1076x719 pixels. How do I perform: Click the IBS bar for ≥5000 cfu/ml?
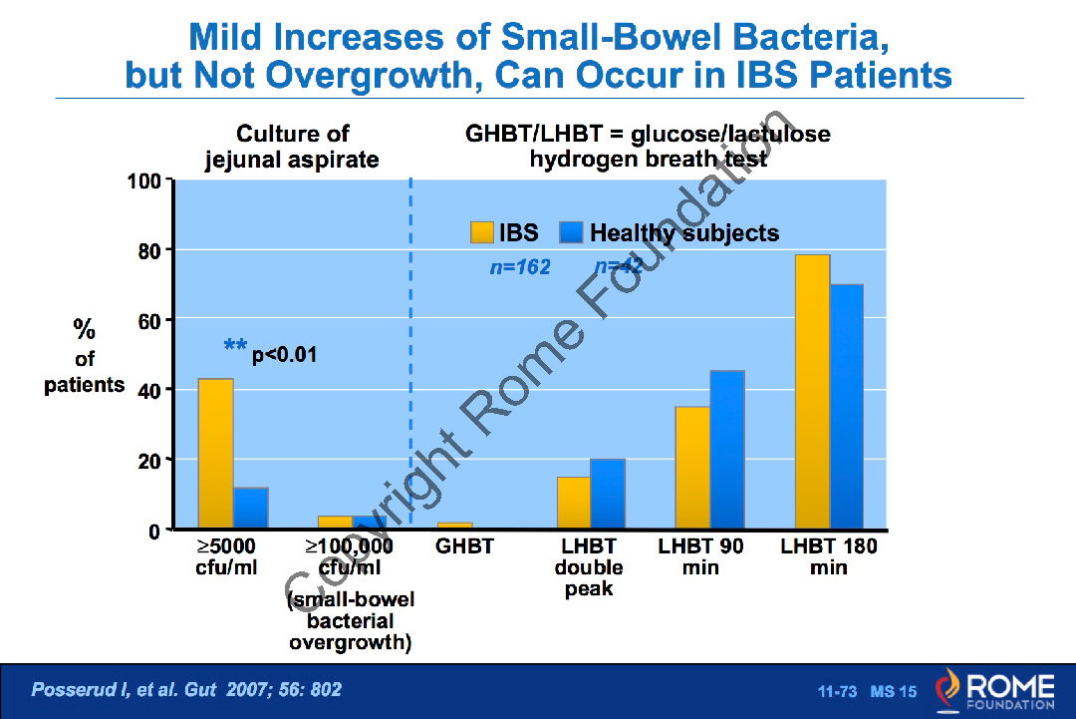coord(215,454)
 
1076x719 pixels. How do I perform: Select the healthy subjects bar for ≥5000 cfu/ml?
coord(250,508)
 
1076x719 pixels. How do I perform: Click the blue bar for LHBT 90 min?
coord(726,449)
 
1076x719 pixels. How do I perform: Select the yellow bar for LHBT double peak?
coord(574,503)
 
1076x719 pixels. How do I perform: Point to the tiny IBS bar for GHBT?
coord(455,525)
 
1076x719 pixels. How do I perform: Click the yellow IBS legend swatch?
coord(482,233)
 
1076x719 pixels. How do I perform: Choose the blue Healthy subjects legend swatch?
coord(571,233)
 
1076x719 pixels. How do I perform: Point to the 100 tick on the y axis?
coord(144,181)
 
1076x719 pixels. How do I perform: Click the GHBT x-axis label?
coord(465,546)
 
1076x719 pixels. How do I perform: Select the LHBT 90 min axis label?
coord(700,556)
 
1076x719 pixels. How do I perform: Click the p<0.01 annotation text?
coord(284,354)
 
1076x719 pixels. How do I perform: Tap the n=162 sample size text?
coord(519,267)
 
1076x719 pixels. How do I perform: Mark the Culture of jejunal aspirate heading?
coord(292,147)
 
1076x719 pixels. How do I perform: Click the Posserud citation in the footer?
coord(187,689)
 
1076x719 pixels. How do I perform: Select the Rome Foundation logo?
coord(992,691)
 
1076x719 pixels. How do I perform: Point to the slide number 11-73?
coord(838,691)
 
